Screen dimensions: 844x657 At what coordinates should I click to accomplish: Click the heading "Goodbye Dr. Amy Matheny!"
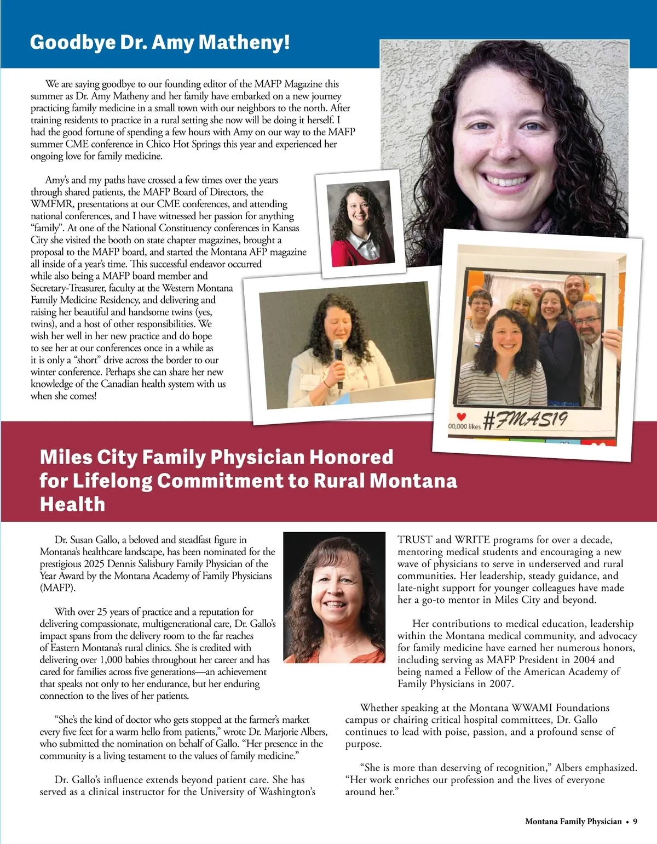160,42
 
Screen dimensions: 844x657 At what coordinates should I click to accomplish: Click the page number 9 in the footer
635,821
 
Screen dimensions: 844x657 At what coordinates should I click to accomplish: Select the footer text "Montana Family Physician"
573,821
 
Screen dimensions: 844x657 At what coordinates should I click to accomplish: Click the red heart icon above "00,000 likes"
461,417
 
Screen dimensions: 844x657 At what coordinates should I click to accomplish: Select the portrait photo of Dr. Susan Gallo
335,597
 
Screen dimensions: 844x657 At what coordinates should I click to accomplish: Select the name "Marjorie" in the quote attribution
285,732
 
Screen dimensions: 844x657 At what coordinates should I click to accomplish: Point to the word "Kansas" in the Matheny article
285,228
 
